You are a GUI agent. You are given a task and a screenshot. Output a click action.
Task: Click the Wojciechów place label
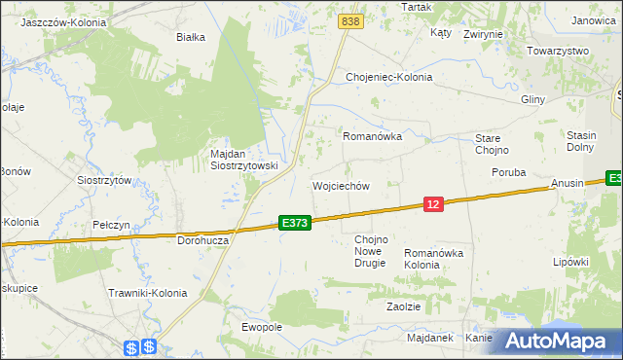(x=340, y=186)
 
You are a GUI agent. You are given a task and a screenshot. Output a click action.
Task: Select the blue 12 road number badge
(x=434, y=203)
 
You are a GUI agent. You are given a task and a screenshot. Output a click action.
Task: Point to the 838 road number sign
(x=351, y=20)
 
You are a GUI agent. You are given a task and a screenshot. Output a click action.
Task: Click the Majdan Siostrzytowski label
(x=244, y=160)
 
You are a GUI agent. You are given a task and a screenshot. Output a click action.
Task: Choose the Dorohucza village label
(x=202, y=239)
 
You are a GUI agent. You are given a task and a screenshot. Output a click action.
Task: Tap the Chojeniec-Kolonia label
(x=389, y=77)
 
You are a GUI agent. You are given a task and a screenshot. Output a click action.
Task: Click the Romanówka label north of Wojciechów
(x=372, y=137)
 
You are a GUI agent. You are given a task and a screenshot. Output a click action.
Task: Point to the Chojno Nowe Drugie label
(x=371, y=251)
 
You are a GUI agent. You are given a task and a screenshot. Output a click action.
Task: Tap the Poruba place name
(x=508, y=172)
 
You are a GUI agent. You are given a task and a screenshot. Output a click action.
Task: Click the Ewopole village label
(x=261, y=327)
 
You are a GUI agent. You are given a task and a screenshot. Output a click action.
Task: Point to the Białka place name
(x=190, y=38)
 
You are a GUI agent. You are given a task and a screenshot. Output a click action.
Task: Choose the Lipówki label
(x=571, y=262)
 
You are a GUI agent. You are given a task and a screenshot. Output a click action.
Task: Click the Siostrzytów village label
(x=104, y=180)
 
